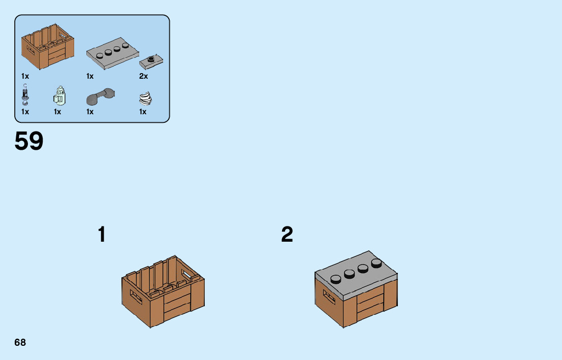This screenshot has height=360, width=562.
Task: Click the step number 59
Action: pyautogui.click(x=29, y=141)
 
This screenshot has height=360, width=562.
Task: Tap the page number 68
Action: pyautogui.click(x=20, y=343)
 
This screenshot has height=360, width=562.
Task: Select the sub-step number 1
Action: pyautogui.click(x=102, y=235)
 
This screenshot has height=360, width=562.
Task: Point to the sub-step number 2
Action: pyautogui.click(x=287, y=235)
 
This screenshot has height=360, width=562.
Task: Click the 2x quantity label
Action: pyautogui.click(x=143, y=76)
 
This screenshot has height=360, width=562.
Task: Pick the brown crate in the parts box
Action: pyautogui.click(x=48, y=46)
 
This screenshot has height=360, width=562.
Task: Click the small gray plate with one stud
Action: pyautogui.click(x=151, y=61)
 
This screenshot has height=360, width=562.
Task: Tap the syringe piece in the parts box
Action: pyautogui.click(x=25, y=95)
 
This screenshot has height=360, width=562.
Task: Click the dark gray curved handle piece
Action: pyautogui.click(x=100, y=96)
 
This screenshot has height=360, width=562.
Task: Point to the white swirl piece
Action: pyautogui.click(x=145, y=97)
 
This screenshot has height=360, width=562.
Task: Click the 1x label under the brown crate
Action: pyautogui.click(x=25, y=76)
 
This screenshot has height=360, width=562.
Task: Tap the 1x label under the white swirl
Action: pyautogui.click(x=143, y=112)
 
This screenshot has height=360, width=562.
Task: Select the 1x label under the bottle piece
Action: pyautogui.click(x=57, y=112)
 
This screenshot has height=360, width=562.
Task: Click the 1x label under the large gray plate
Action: pyautogui.click(x=90, y=76)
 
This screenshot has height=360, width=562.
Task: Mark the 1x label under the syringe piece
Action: pyautogui.click(x=25, y=112)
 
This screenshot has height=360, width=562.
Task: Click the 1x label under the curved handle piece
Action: pyautogui.click(x=90, y=112)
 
